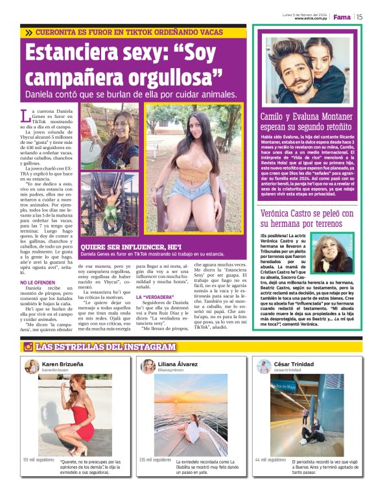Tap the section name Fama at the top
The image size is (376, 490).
pos(342,17)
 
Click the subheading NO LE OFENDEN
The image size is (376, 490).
pos(37,283)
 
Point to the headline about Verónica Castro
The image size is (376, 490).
pos(307,217)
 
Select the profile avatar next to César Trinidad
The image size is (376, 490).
pos(263,367)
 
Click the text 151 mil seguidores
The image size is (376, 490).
pos(38,460)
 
